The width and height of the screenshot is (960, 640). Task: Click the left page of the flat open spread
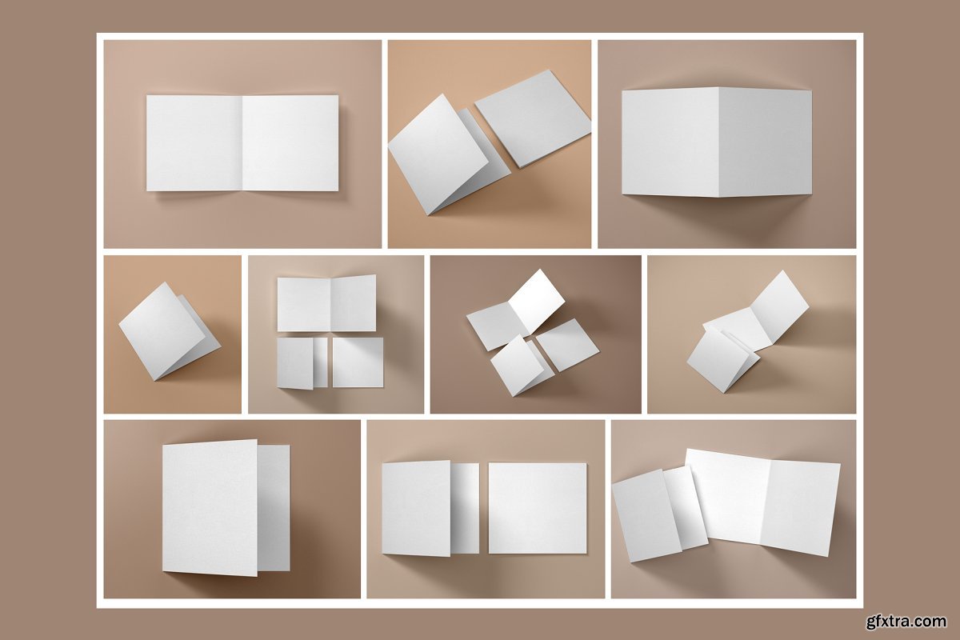coord(194,143)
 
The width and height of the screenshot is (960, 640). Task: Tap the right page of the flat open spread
coord(290,143)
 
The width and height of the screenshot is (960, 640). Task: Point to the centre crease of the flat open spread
coord(243,143)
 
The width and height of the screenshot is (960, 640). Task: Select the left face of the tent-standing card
coord(670,142)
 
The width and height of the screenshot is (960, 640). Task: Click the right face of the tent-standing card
coord(766,142)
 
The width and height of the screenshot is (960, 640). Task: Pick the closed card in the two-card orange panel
coord(533,118)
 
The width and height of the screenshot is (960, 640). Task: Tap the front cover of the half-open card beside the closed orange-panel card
coord(438,154)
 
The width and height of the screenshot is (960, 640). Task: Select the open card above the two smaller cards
coord(326,303)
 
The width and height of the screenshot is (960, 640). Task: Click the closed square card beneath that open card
coord(358,362)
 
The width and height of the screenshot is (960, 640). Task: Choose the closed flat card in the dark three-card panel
coord(567,345)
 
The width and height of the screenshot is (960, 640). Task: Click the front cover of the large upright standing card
coord(210,507)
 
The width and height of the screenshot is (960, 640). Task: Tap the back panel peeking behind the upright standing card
coord(274,508)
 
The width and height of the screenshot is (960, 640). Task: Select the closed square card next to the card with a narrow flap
coord(538,508)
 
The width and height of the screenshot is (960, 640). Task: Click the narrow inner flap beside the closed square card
coord(465,508)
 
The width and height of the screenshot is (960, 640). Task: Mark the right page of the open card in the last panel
coord(800,508)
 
